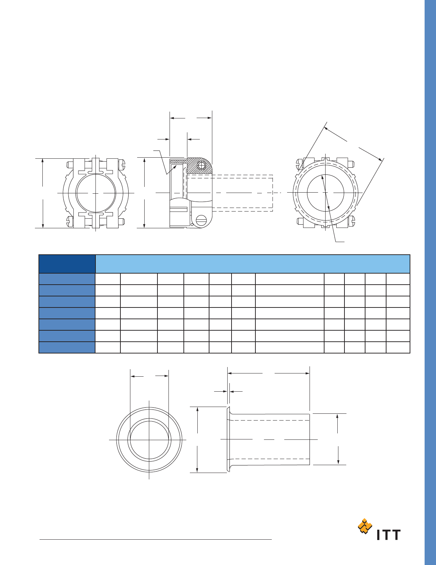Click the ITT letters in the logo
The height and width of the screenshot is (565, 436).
[x=389, y=535]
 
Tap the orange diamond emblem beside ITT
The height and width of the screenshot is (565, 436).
[x=365, y=526]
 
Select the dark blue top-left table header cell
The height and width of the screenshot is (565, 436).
[x=67, y=264]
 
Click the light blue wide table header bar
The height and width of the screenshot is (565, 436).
[x=253, y=264]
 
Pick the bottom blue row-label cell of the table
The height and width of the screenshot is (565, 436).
[x=67, y=347]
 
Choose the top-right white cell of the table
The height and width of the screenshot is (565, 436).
[x=398, y=279]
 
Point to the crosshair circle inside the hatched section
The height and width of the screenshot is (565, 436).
[x=201, y=166]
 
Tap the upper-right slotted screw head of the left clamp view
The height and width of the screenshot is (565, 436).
[x=122, y=164]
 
